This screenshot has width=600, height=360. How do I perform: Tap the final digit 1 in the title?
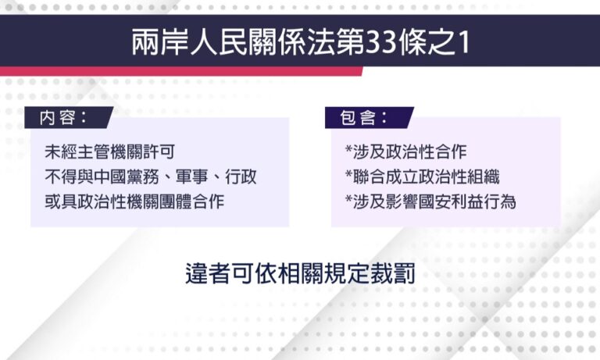tap(465, 42)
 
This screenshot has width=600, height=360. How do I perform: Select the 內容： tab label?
tap(62, 117)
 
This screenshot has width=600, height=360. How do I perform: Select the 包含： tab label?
tap(363, 117)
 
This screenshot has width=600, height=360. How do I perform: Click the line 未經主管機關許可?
tap(110, 151)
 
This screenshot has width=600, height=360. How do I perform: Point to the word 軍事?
tap(191, 176)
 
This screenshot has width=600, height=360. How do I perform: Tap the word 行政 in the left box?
tap(241, 176)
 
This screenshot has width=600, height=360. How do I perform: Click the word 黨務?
tap(143, 176)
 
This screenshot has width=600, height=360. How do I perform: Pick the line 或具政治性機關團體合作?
tap(134, 201)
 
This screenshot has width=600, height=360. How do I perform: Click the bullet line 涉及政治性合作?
tap(405, 151)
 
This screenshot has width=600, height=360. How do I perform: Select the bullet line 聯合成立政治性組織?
tap(422, 176)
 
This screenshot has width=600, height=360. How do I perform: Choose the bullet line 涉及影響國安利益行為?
tap(430, 201)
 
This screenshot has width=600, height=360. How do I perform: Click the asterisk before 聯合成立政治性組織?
tap(348, 174)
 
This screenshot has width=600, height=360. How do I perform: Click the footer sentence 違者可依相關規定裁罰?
tap(300, 273)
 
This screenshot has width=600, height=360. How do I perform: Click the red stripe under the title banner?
tap(181, 71)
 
